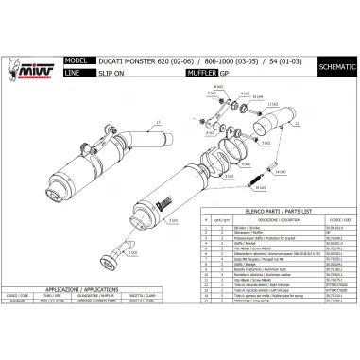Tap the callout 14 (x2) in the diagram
coord(281,171)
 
